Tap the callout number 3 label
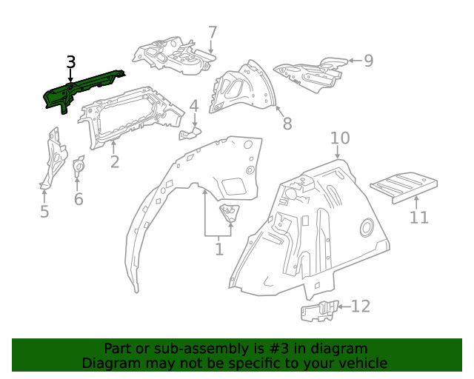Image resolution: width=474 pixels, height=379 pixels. [x=70, y=62]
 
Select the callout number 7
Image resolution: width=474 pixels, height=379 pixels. [x=213, y=33]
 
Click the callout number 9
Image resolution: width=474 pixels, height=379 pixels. [x=368, y=61]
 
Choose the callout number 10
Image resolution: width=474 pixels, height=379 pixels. [x=339, y=138]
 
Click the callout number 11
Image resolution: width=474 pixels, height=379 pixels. [x=419, y=217]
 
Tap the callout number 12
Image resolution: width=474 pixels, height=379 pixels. [x=360, y=306]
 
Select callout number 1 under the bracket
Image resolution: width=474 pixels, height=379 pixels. [x=219, y=249]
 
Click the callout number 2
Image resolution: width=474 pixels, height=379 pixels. [x=114, y=161]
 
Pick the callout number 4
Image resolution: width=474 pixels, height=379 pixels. [x=194, y=107]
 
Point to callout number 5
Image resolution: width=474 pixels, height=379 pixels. [x=44, y=212]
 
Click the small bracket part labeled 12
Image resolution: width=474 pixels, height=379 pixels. [x=318, y=311]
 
